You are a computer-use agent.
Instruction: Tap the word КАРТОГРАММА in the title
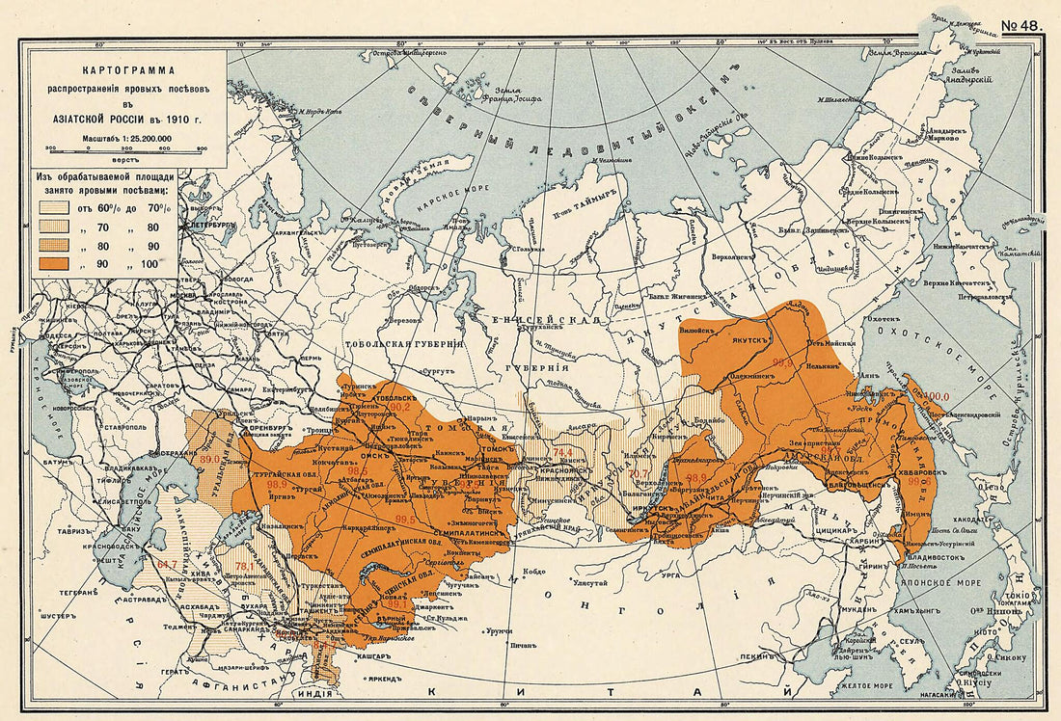click(128, 70)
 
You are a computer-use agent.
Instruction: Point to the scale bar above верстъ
click(126, 149)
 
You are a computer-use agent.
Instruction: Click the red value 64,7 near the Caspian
click(167, 562)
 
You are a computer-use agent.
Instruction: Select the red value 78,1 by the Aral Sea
click(243, 566)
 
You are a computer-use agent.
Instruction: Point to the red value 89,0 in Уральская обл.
click(209, 461)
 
